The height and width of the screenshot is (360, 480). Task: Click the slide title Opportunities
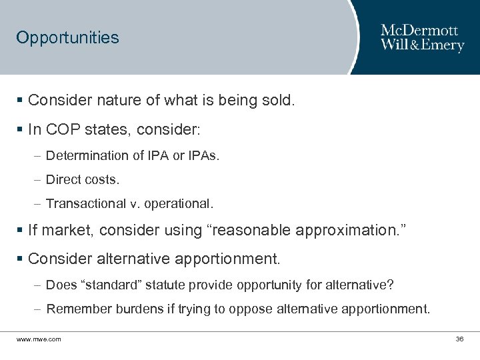click(67, 37)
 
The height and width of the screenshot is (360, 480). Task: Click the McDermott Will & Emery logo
click(422, 38)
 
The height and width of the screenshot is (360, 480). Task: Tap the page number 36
click(459, 339)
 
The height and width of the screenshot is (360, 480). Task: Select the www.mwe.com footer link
click(39, 339)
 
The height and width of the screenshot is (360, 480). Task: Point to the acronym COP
click(62, 129)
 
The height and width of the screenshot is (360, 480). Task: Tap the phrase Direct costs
click(83, 180)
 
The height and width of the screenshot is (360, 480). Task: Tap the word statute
click(162, 285)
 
